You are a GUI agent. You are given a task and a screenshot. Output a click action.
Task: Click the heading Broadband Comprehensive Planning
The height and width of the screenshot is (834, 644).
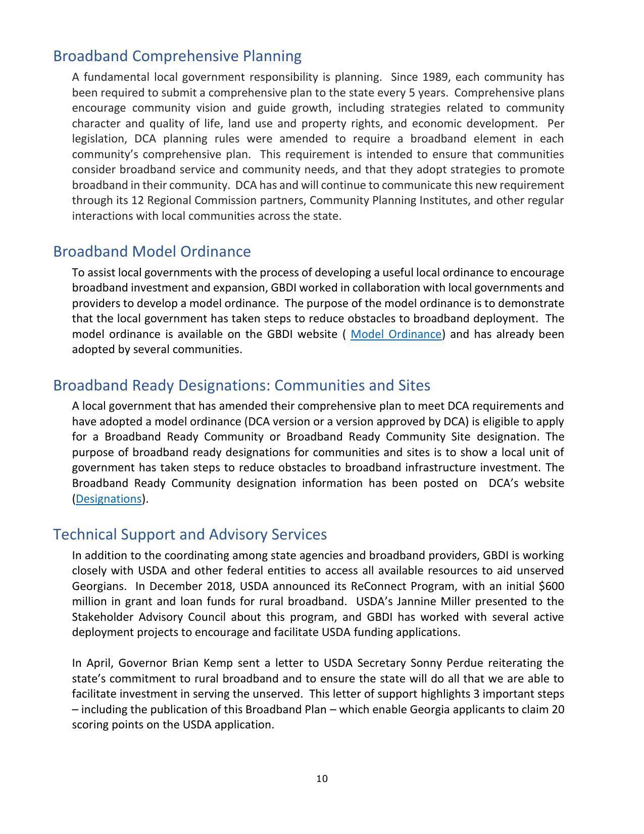pos(177,56)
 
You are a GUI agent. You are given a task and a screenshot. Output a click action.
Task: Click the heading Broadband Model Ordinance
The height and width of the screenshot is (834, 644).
pos(152,252)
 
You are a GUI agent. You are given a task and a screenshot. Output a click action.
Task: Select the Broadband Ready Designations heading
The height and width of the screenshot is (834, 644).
pos(241,385)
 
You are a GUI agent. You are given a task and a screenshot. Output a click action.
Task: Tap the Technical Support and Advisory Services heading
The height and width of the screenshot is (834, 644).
pos(189,534)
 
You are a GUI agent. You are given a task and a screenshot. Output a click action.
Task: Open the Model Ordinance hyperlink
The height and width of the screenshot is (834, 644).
pos(395,334)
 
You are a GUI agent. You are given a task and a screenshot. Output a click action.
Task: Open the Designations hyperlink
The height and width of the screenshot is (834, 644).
pos(109,499)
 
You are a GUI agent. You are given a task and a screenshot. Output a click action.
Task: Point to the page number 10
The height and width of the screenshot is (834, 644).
pos(322,779)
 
